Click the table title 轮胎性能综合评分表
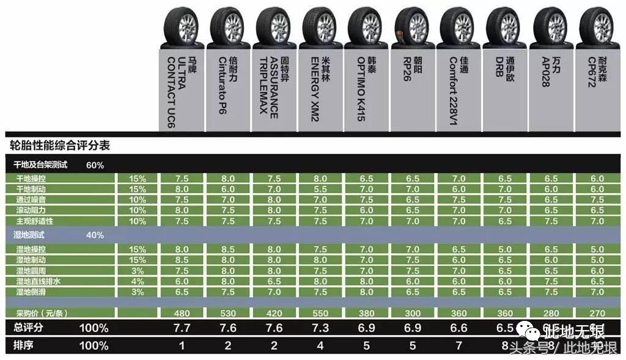(x=60, y=146)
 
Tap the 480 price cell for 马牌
(x=182, y=313)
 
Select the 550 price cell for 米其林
(x=320, y=313)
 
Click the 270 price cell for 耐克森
(x=597, y=313)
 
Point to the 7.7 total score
(x=182, y=328)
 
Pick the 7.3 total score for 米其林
(x=320, y=328)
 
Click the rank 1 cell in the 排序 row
(x=182, y=346)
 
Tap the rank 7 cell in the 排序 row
(x=459, y=346)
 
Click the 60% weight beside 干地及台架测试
(x=95, y=165)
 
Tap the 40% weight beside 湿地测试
(x=95, y=235)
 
